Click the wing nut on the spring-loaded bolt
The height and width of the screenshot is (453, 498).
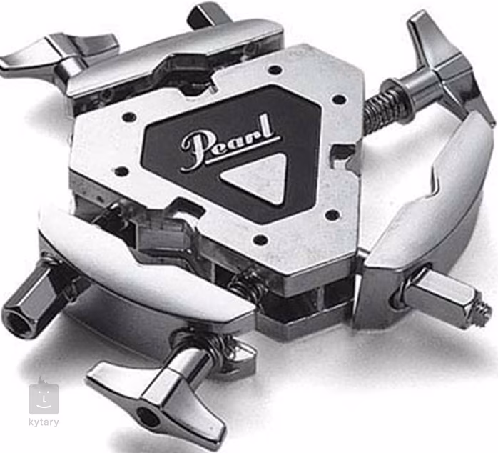446,68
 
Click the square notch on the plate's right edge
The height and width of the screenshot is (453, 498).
343,154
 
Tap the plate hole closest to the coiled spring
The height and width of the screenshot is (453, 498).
338,99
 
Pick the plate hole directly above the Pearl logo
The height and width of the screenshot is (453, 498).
274,69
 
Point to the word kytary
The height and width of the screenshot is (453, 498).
44,422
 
